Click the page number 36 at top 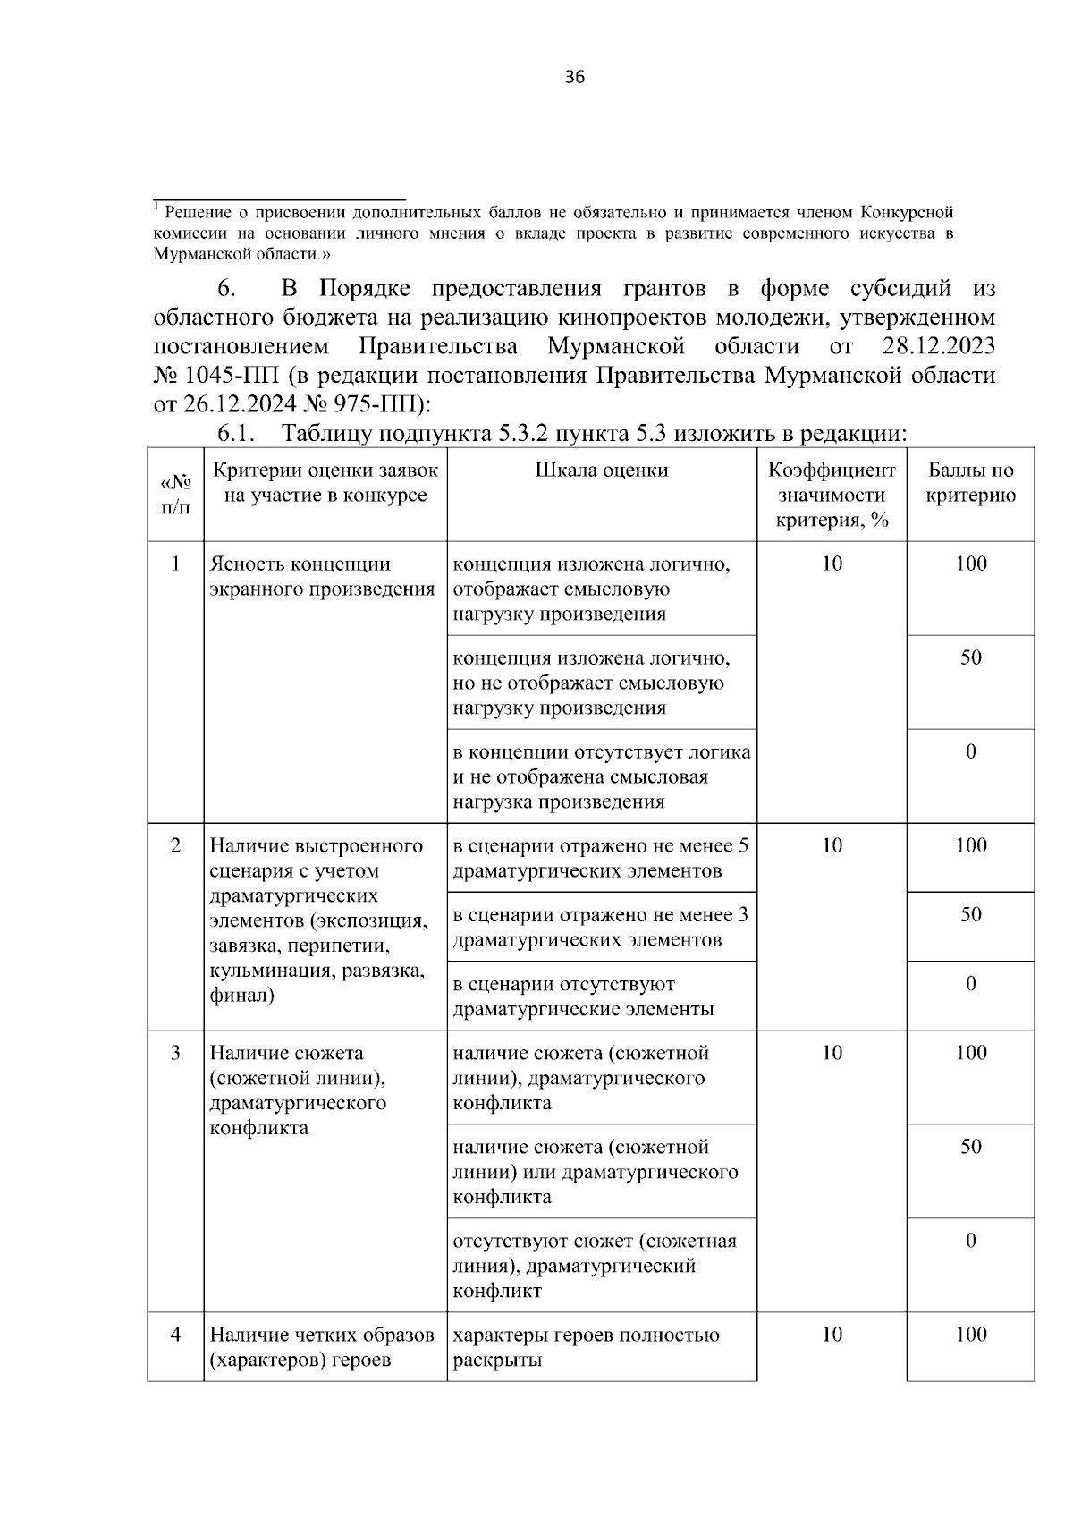575,78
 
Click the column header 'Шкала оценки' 602,471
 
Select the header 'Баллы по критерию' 970,483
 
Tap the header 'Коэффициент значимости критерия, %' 832,495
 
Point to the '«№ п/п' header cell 175,495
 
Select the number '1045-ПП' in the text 228,375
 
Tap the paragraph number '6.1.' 236,435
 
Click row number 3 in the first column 175,1053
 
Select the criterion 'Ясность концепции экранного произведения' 322,577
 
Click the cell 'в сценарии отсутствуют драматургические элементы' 583,996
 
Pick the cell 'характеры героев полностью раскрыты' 586,1348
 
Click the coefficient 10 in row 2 832,845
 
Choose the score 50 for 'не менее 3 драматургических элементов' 970,914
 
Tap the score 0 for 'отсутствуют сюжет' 970,1241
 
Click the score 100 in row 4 970,1335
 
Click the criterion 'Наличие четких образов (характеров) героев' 322,1348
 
